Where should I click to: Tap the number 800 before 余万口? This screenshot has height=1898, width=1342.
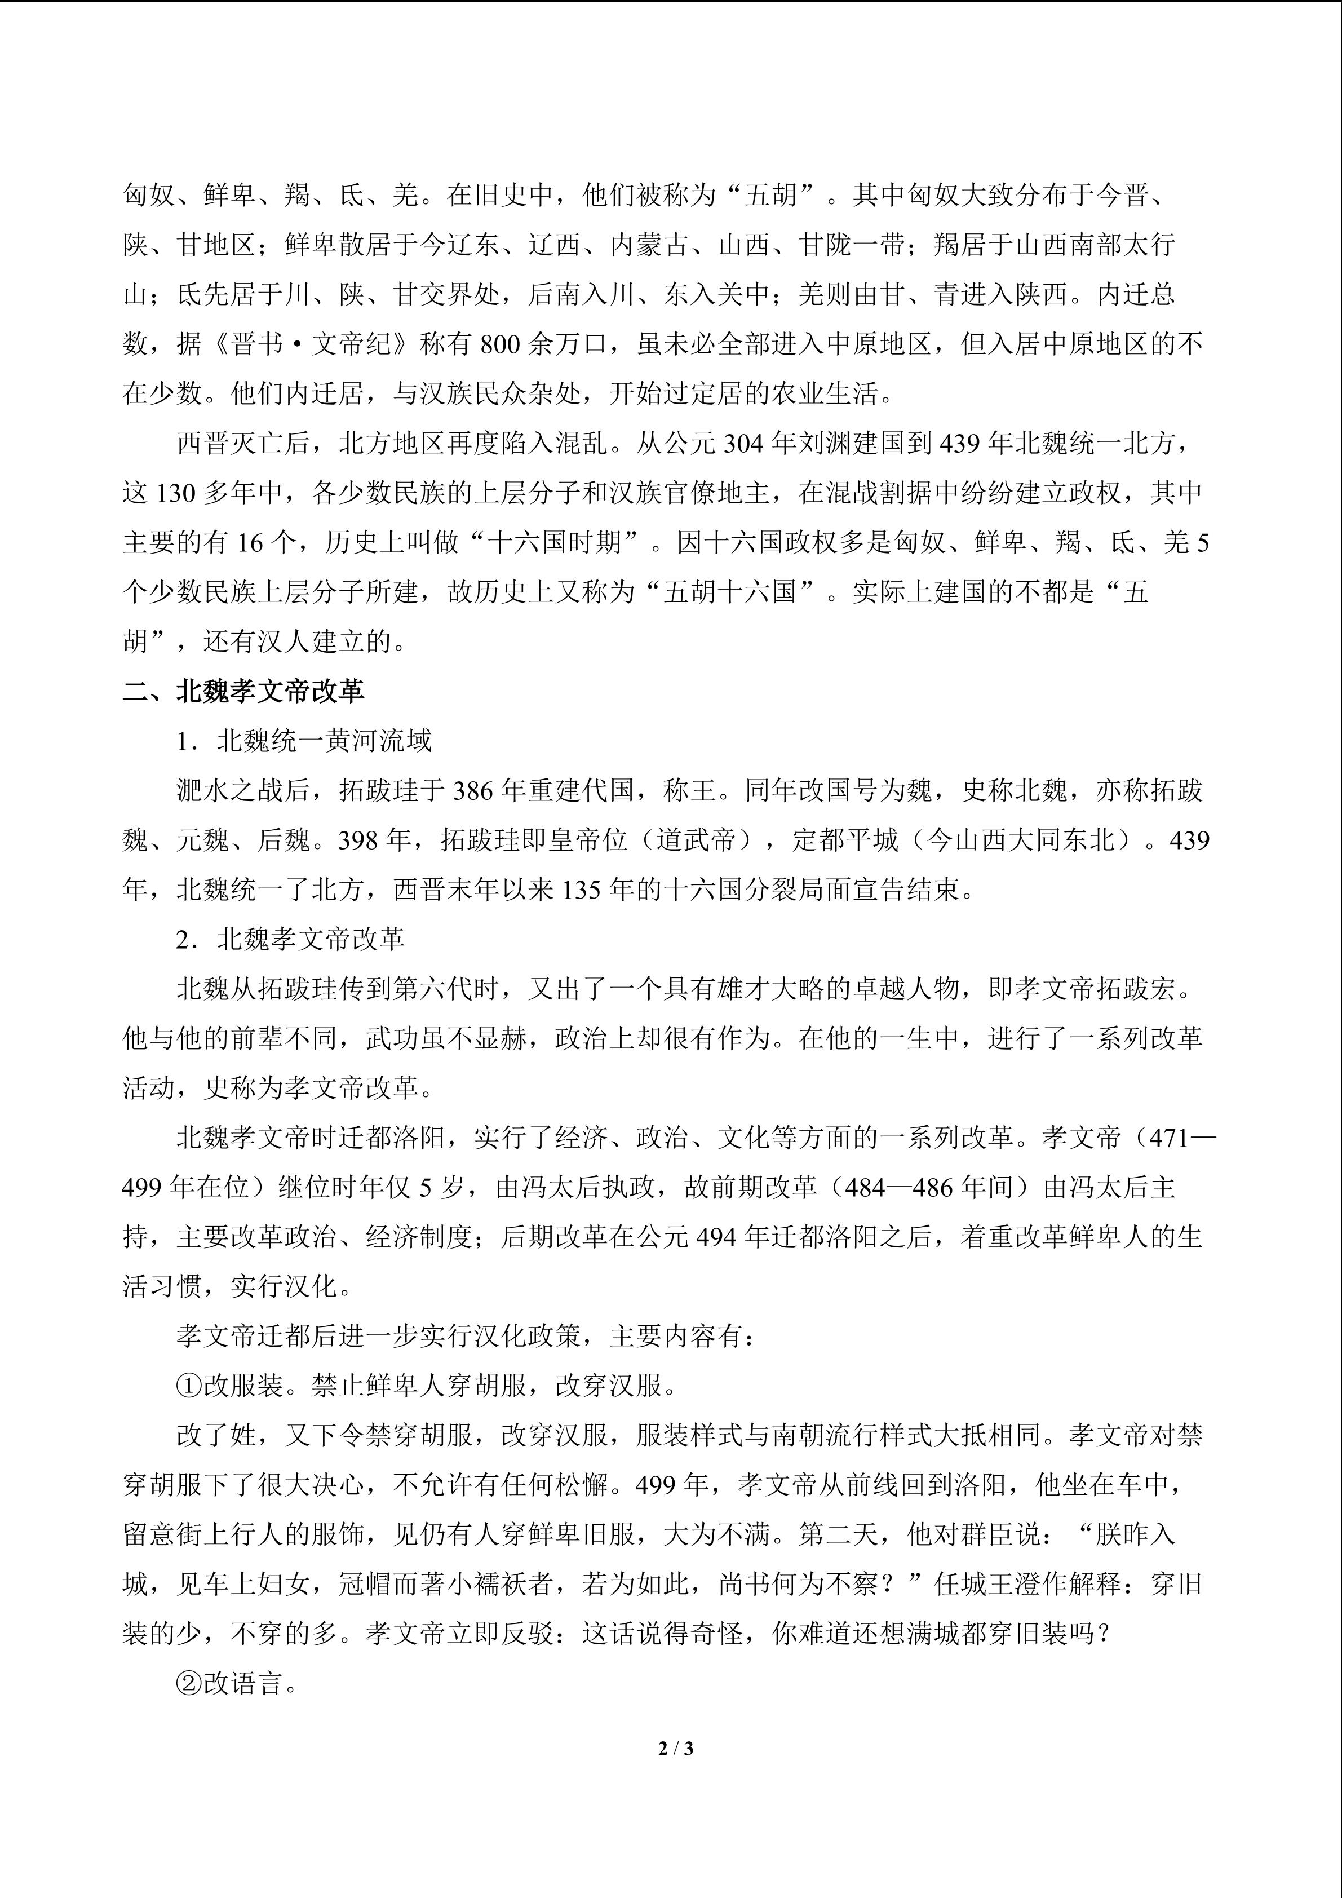point(499,343)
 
